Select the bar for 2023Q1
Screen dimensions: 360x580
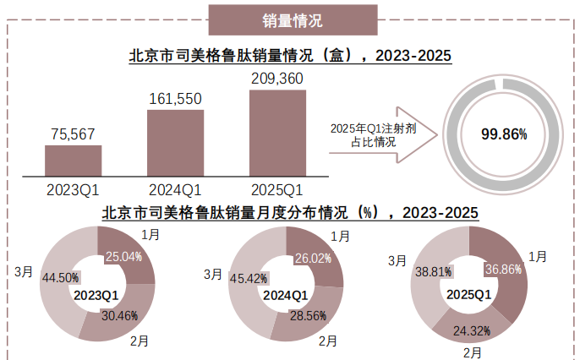point(74,159)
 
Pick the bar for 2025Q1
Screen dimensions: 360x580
point(277,132)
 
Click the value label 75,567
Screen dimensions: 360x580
point(74,133)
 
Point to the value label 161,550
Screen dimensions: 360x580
point(175,99)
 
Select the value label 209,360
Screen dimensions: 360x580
point(277,79)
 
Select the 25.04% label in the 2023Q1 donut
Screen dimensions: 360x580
point(123,255)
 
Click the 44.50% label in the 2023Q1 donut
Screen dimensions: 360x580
point(60,276)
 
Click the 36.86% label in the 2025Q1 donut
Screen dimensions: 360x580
point(502,268)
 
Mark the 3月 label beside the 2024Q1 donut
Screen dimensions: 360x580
point(213,275)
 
